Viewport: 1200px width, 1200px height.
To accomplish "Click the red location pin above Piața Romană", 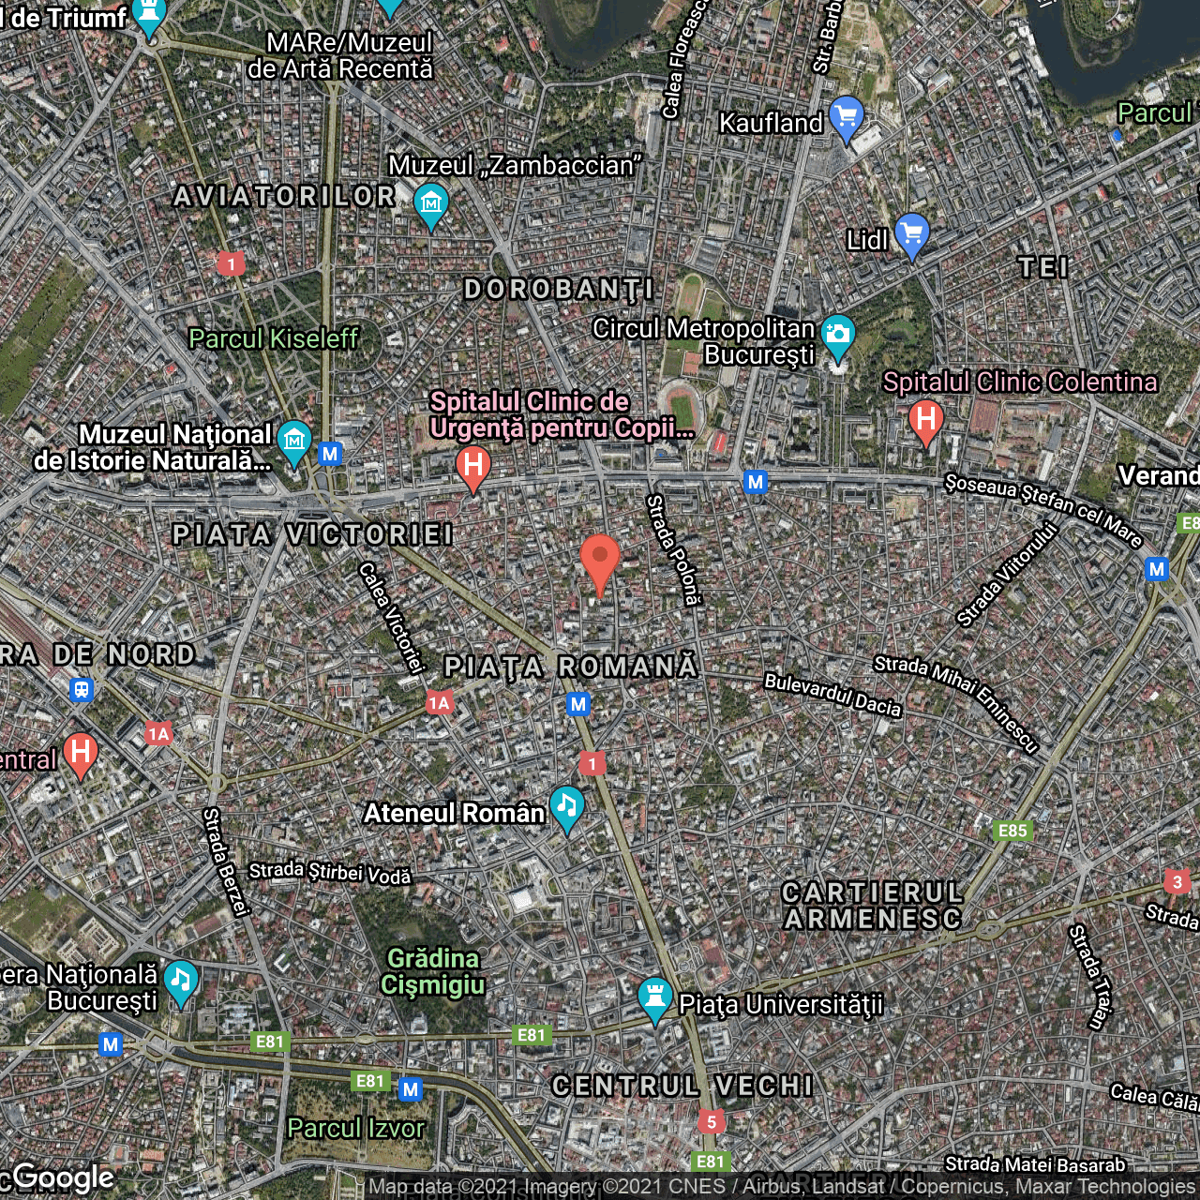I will [x=600, y=562].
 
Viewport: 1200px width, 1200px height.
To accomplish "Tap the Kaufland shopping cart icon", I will [x=846, y=117].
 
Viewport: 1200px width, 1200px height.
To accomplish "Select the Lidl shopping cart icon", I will [x=911, y=233].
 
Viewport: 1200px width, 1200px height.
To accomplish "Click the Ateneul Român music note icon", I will [x=566, y=806].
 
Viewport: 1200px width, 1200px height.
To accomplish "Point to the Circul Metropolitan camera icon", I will [x=837, y=336].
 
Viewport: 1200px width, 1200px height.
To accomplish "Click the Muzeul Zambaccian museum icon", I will [x=430, y=203].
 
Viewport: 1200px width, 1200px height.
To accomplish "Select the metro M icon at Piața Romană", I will [x=578, y=704].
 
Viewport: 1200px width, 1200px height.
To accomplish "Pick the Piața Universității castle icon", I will [x=654, y=997].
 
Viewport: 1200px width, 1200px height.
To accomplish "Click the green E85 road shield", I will [x=1012, y=831].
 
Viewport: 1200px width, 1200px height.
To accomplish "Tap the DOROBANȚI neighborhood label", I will [x=559, y=290].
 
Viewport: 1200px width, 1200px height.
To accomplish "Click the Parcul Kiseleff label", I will [x=273, y=338].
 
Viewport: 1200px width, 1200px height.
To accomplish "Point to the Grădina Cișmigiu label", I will [x=433, y=971].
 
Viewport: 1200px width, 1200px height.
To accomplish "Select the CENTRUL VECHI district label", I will [x=682, y=1086].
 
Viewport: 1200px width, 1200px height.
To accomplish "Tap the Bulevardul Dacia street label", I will [x=832, y=695].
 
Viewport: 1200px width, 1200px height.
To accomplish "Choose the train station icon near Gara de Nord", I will [x=82, y=691].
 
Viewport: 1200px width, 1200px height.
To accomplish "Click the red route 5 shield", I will [x=712, y=1122].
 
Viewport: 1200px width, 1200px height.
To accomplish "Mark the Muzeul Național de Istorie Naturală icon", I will [x=294, y=440].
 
